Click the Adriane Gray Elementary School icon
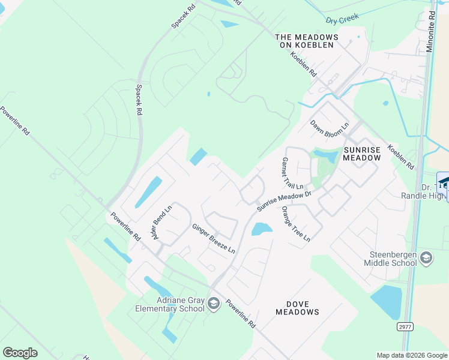coord(214,304)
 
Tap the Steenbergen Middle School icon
coord(426,258)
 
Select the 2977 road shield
coord(405,326)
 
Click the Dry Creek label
coord(338,20)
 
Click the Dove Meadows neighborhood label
coord(297,308)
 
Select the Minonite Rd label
coord(430,31)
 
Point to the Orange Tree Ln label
coord(295,224)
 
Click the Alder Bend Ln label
coord(163,223)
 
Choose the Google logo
coord(20,353)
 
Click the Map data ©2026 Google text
coord(411,355)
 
